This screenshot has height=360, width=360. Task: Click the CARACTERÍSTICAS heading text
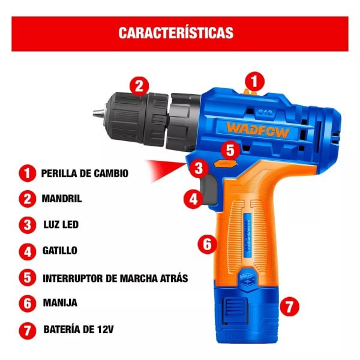pos(176,33)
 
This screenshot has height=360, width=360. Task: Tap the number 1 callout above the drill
pos(254,82)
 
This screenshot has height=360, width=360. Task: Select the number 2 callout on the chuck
pos(139,86)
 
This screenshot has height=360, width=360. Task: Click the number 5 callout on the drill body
pos(230,151)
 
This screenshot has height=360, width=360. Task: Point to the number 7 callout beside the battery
pos(290,306)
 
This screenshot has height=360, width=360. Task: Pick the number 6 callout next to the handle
pos(208,244)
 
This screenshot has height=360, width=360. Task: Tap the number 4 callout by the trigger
pos(193,199)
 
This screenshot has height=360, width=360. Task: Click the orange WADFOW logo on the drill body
pos(257,130)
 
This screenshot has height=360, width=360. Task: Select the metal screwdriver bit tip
pos(99,113)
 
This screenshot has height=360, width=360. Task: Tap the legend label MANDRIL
pos(62,199)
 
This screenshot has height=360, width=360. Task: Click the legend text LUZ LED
pos(61,224)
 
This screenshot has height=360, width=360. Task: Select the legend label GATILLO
pos(60,250)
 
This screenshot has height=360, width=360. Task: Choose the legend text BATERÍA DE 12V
pos(79,329)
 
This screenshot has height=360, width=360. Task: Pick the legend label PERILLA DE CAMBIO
pos(85,173)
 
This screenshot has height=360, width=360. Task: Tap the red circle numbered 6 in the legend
pos(28,303)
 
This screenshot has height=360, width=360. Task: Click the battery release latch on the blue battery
pos(235,311)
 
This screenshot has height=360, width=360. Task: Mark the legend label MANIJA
pos(60,303)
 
